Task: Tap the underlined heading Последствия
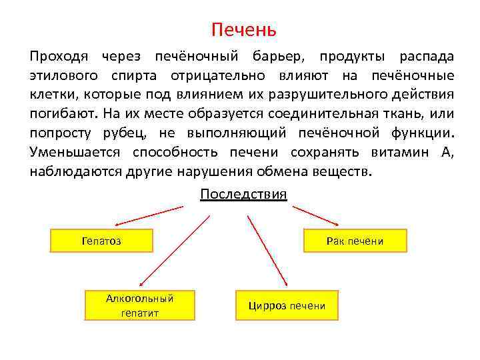pos(243,194)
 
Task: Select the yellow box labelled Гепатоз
pos(102,241)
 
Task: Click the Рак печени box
pos(355,241)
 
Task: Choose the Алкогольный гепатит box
pos(140,305)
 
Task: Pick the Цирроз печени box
pos(287,305)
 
